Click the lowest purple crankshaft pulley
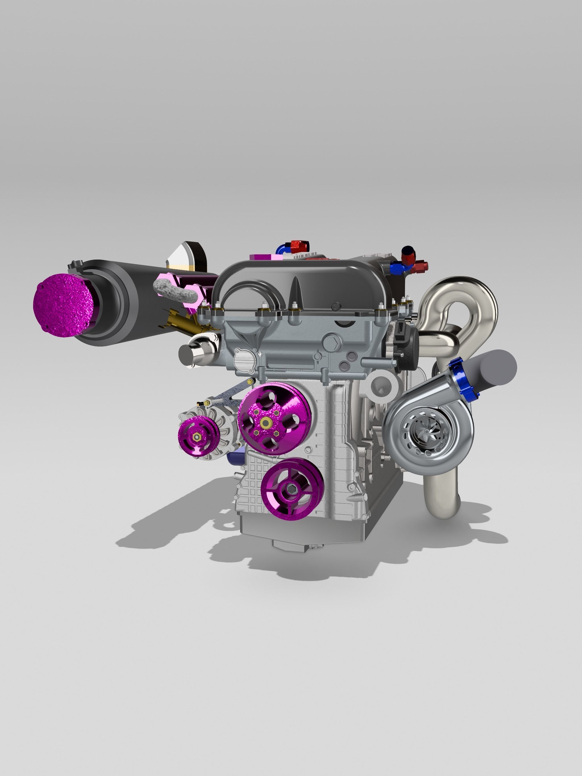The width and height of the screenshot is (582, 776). coord(291,488)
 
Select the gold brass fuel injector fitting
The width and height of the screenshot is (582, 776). coord(182,321)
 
